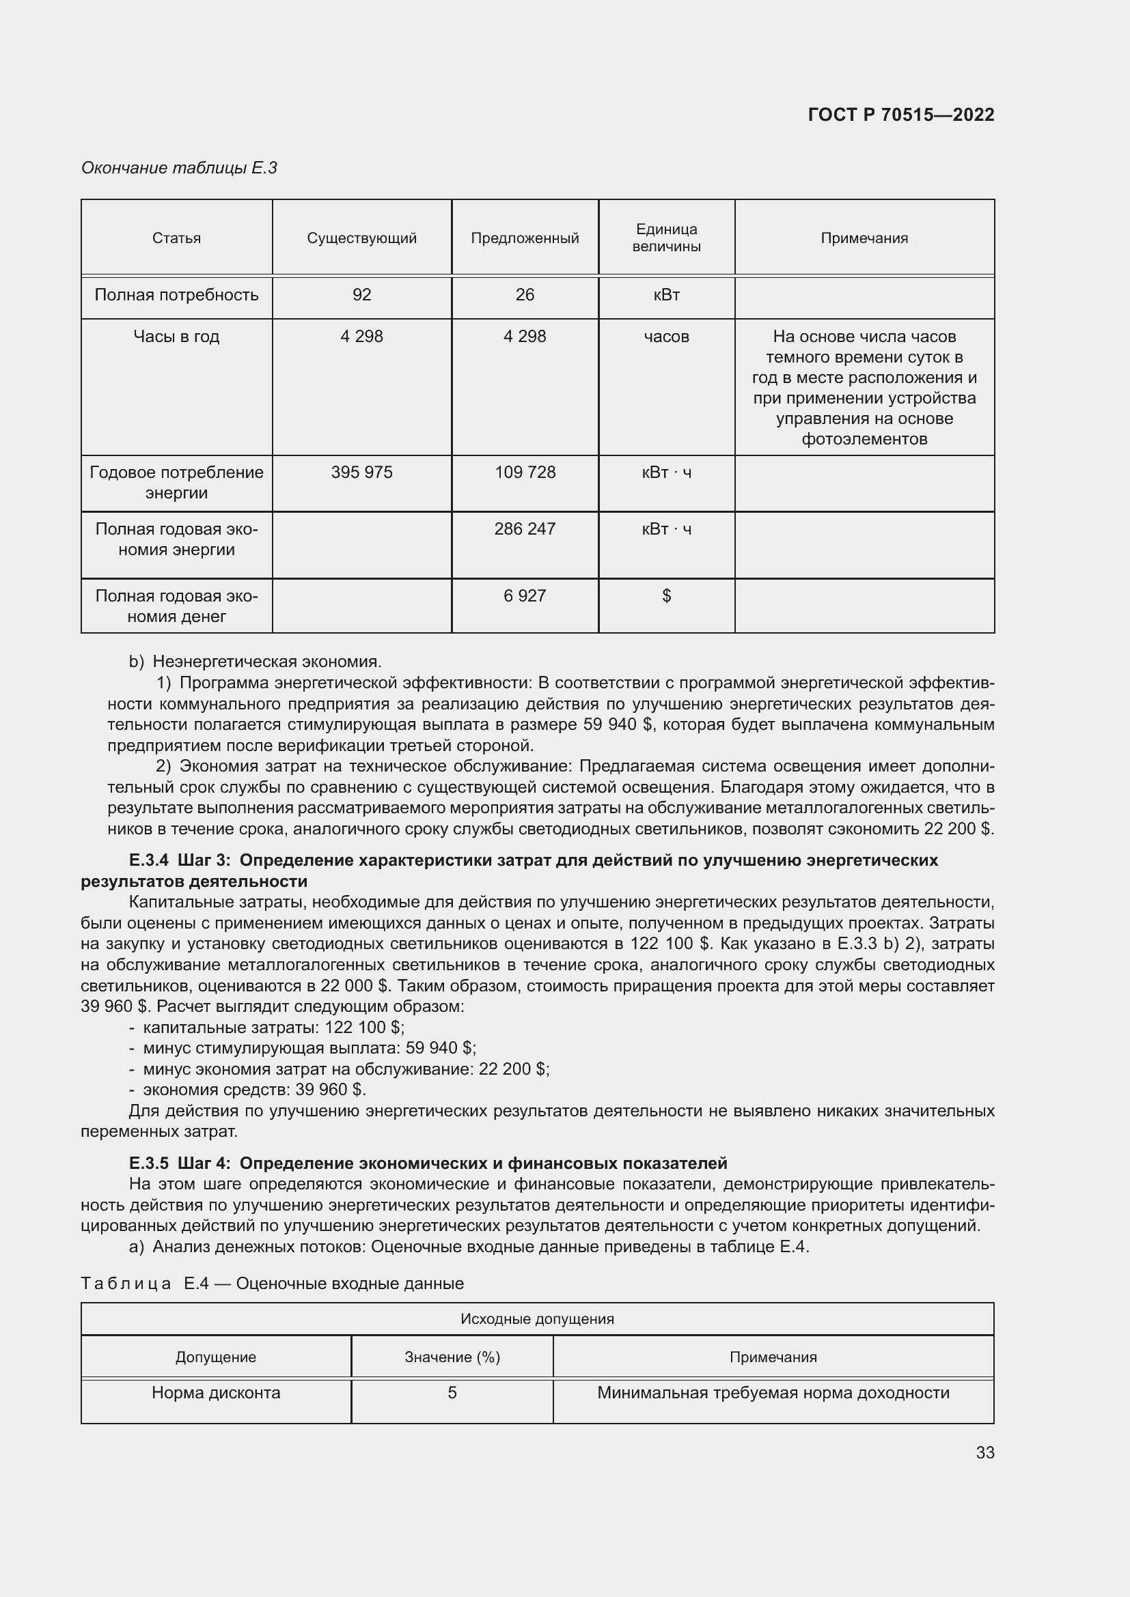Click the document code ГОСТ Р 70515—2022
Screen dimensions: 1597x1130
[x=901, y=115]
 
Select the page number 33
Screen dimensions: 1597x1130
[x=984, y=1452]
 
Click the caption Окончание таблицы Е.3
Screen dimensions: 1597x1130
[x=179, y=168]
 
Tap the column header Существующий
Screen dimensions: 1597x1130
[x=362, y=238]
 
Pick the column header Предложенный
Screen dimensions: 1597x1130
[x=525, y=238]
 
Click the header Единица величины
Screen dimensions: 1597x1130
[x=666, y=238]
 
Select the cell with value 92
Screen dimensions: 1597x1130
[x=362, y=295]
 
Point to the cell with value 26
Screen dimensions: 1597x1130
[x=525, y=295]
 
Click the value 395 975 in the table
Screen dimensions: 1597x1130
[x=362, y=472]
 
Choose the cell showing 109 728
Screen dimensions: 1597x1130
[x=525, y=472]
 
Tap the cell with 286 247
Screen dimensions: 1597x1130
[x=525, y=528]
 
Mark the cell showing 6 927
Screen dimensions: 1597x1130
[x=525, y=595]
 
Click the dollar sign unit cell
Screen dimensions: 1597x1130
[x=666, y=595]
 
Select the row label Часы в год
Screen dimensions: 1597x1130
[x=176, y=337]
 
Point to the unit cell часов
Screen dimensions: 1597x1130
[x=666, y=337]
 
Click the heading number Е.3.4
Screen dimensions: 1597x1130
[x=149, y=860]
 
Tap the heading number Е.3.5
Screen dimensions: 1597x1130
[x=149, y=1163]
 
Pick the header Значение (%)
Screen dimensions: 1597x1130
[x=452, y=1357]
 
